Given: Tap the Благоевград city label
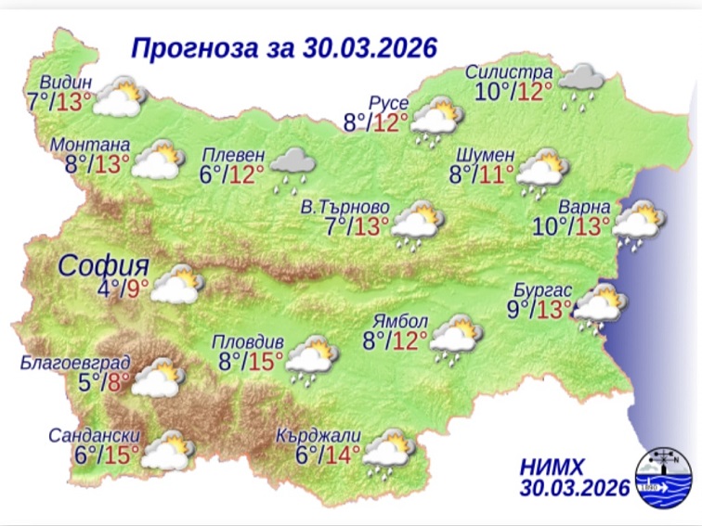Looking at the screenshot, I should [x=76, y=363].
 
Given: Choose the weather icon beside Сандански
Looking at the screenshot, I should [x=168, y=452].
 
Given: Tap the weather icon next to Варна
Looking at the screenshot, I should [x=638, y=225].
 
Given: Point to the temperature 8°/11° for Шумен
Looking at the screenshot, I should [x=481, y=174].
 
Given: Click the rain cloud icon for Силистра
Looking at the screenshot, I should [x=582, y=84].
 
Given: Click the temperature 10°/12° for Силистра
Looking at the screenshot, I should [x=513, y=91].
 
